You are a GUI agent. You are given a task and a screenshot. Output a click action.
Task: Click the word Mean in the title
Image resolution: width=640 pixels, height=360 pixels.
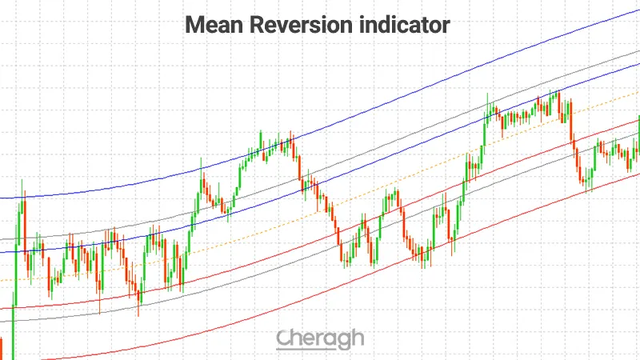pyautogui.click(x=210, y=26)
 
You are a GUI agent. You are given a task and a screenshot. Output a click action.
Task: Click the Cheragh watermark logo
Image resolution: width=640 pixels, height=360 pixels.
pyautogui.click(x=320, y=339)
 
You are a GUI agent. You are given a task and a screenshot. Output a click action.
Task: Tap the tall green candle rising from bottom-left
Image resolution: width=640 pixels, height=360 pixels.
pyautogui.click(x=14, y=320)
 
